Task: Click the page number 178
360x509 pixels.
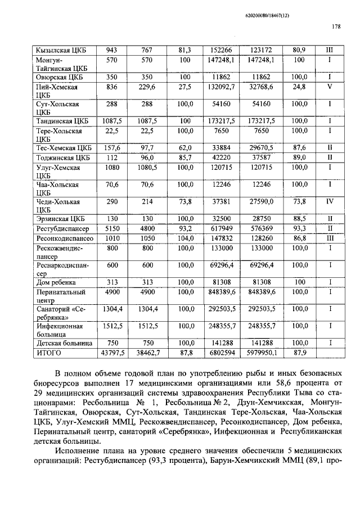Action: coord(336,26)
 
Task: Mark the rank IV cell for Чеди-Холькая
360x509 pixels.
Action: coord(330,201)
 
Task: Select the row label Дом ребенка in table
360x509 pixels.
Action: coord(56,282)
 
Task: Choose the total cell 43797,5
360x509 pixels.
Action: coord(111,353)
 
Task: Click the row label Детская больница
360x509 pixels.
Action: coord(62,343)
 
